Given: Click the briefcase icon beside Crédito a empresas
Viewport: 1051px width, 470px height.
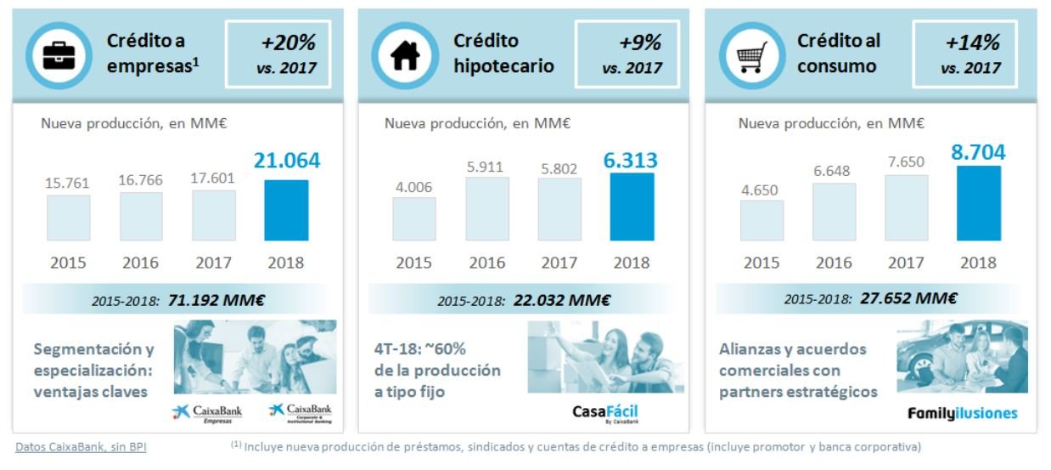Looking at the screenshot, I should point(59,55).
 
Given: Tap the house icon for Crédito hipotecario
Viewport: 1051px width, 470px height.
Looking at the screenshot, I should point(405,55).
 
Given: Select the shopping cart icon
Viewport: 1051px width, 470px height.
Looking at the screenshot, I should point(750,55).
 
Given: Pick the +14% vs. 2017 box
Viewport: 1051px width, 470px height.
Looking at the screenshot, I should point(969,54).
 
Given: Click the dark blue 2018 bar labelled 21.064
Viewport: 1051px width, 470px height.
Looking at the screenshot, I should point(286,210).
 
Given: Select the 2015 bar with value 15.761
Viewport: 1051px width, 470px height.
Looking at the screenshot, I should point(68,218).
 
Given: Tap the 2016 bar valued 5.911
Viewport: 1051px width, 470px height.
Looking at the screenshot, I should point(487,209).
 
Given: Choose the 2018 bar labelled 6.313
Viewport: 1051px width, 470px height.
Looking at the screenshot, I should point(632,207).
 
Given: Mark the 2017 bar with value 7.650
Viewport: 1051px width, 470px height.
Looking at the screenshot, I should point(906,207).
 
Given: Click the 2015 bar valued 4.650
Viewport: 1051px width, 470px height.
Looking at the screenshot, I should point(762,221).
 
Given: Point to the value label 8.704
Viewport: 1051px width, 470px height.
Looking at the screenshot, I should point(977,153).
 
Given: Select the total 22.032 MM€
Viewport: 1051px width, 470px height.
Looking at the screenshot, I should point(561,300).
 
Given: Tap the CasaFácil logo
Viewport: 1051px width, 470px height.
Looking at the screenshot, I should point(604,414).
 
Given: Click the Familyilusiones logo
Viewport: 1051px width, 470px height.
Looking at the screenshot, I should point(962,414).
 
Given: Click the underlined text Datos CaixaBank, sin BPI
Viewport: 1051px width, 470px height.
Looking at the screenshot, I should point(81,446).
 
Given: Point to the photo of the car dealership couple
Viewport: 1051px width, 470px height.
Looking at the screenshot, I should point(961,357).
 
